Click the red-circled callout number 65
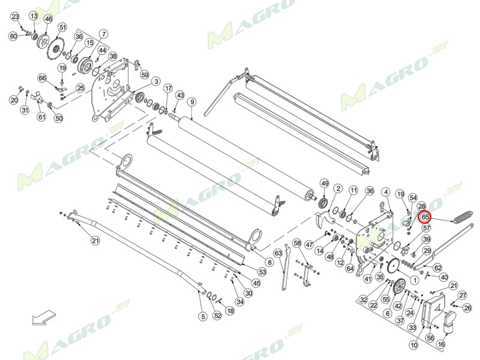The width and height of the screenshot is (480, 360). (425, 216)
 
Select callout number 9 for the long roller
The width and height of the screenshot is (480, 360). (191, 102)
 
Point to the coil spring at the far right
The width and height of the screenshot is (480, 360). (463, 215)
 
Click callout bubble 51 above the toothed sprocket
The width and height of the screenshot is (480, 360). (62, 27)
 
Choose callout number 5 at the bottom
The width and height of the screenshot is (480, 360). (203, 316)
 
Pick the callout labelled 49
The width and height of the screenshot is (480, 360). (325, 183)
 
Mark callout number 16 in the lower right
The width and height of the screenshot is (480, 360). (441, 344)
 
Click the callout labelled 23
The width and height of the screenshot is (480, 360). (16, 16)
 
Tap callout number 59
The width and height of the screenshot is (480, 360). (145, 75)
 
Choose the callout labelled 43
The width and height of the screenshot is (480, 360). (179, 95)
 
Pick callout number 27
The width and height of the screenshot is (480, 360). (463, 295)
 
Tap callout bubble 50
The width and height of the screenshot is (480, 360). (59, 118)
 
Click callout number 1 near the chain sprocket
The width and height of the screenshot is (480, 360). (415, 280)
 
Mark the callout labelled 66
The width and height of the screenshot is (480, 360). (42, 78)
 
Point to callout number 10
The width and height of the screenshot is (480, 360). (414, 346)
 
